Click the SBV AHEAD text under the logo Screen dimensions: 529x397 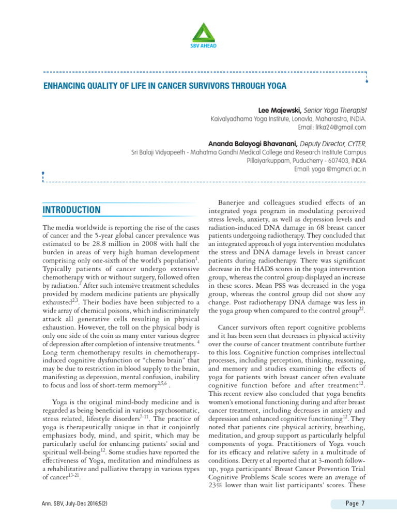click(203, 45)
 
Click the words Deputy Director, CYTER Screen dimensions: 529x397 click(336, 144)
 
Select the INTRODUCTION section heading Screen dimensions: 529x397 click(71, 210)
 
